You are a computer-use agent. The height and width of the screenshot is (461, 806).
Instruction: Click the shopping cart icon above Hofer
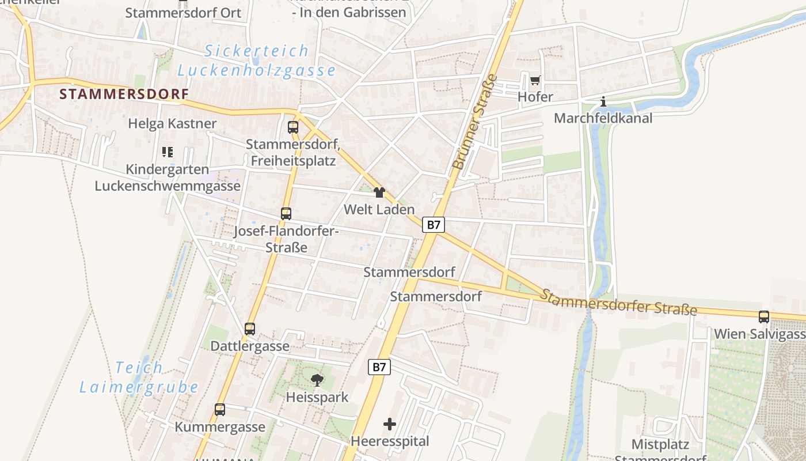click(535, 81)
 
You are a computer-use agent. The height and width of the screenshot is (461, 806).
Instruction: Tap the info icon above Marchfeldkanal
click(603, 102)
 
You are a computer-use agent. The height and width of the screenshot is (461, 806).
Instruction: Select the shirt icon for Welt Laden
click(379, 192)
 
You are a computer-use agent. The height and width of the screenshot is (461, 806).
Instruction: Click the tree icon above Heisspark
click(317, 380)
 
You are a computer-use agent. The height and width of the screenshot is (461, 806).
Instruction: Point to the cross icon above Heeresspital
click(390, 425)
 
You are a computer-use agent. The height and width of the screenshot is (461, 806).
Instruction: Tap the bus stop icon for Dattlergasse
click(249, 329)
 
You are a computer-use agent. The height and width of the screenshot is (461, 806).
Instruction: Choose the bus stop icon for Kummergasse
click(220, 410)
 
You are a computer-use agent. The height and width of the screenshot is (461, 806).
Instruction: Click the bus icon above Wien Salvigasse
click(764, 316)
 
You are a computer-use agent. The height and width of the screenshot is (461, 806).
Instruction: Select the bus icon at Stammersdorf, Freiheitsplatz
click(293, 127)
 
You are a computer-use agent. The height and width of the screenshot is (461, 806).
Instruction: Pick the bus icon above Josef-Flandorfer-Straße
click(286, 214)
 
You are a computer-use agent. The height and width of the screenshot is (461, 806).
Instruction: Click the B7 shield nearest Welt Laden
click(434, 225)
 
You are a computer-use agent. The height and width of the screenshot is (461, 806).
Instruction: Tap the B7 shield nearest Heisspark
click(379, 366)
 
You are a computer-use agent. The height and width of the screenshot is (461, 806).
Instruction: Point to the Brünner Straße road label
click(476, 122)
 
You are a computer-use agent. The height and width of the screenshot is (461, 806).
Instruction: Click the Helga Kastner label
click(172, 123)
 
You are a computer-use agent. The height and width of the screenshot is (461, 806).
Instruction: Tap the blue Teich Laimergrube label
click(139, 377)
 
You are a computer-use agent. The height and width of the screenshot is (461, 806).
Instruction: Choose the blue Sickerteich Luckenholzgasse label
click(256, 61)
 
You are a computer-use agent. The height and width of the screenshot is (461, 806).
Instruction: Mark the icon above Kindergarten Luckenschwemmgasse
click(168, 152)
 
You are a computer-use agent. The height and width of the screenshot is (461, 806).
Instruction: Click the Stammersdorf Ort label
click(183, 13)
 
